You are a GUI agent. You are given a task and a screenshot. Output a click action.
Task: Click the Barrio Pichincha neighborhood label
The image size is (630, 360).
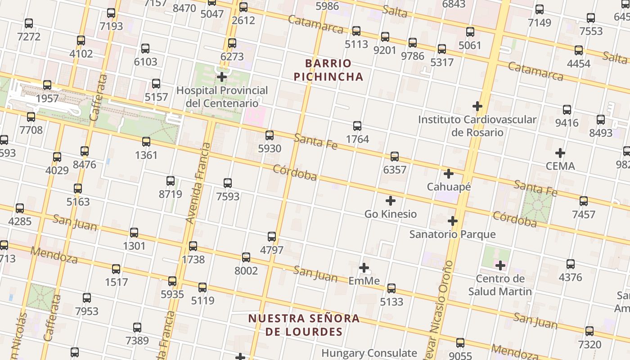point(328,70)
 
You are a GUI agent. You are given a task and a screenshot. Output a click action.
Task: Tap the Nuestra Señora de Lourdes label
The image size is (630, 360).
point(304,325)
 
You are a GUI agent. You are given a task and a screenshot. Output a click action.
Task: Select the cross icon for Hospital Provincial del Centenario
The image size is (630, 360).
point(221,77)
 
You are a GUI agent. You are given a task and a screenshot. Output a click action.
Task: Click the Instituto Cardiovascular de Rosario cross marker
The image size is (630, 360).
point(477,107)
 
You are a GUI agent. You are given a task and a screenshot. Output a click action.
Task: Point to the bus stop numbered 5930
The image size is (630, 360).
point(270,135)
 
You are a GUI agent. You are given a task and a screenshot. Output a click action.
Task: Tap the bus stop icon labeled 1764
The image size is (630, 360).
point(357,126)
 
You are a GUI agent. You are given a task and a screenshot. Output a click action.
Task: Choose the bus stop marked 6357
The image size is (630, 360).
point(395,156)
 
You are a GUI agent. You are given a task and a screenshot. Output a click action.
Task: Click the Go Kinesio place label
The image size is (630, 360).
point(391,214)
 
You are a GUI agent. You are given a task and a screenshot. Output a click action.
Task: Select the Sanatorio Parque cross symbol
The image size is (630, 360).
point(453,221)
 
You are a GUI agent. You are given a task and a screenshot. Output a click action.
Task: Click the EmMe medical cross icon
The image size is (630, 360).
point(364,268)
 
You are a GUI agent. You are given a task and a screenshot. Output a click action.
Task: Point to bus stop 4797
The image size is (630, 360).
point(272,236)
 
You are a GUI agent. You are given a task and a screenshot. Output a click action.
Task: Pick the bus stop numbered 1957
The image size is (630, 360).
point(47,85)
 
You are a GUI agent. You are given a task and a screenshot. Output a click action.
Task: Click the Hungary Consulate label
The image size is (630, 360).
point(369,353)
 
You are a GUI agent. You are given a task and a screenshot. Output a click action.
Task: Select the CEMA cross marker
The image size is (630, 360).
point(560,153)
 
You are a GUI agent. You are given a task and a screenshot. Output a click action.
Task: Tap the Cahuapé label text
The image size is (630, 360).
point(449,186)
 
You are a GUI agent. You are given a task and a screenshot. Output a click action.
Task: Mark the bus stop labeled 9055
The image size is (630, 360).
point(460,343)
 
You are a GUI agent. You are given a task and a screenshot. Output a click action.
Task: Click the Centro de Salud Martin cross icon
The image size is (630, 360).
point(500,265)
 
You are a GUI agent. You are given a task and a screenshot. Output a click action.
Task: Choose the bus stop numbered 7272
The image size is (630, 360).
point(29,23)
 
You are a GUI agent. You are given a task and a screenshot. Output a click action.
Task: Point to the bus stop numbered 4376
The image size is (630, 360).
point(571,264)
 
